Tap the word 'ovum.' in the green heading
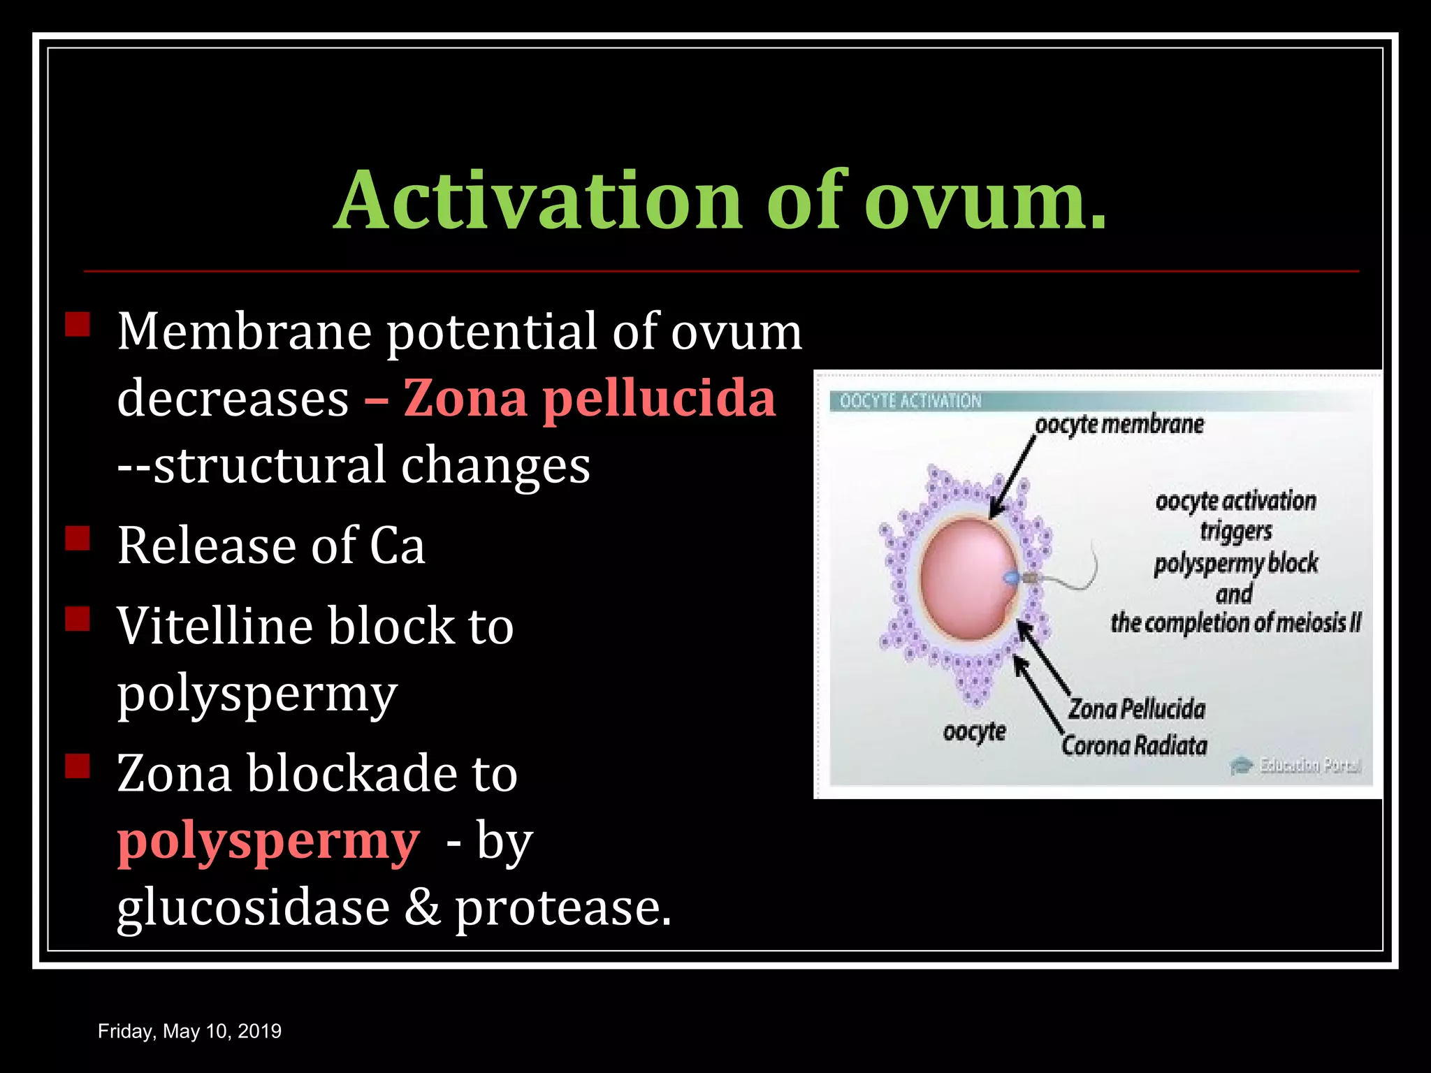985,200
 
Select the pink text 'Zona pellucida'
589,398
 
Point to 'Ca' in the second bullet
397,546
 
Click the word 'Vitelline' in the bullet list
215,626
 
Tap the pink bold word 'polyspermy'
268,842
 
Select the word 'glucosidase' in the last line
253,908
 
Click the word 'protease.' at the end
563,908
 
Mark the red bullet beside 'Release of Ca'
78,539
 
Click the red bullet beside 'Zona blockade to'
78,766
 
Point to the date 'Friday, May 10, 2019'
189,1031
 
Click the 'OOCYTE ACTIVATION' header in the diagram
910,401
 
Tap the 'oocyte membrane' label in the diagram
1119,425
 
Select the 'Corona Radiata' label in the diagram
1134,745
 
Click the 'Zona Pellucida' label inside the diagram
1137,709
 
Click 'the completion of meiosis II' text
1235,622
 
